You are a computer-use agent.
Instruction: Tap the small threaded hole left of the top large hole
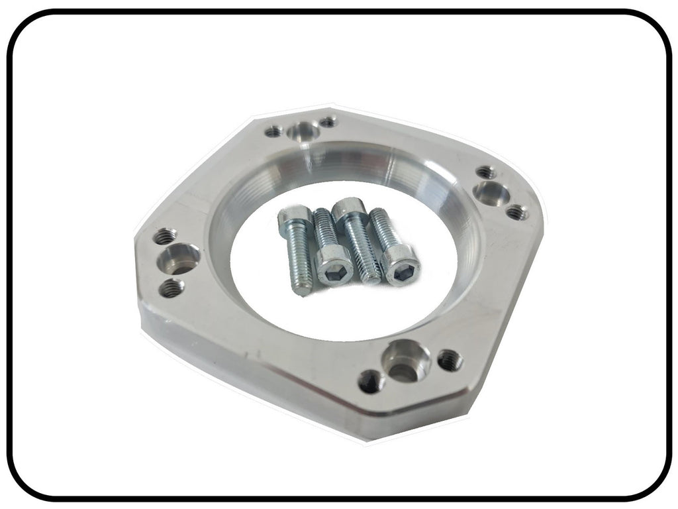(273, 132)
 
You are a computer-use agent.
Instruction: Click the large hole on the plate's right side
(491, 194)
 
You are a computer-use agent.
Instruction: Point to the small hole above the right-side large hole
(485, 172)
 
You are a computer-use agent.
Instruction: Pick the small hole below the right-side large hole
(516, 213)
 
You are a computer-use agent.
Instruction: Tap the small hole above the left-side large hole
(165, 236)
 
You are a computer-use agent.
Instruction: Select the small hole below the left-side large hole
(171, 288)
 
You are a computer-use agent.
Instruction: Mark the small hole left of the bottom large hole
(370, 380)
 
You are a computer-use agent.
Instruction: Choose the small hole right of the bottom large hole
(450, 360)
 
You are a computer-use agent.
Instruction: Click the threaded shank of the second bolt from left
(324, 229)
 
